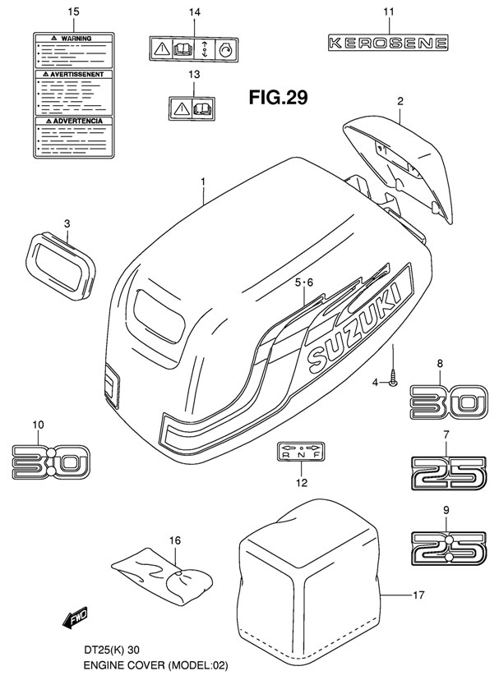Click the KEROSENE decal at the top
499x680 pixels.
point(389,42)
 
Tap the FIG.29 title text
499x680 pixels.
point(279,99)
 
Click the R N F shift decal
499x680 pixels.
point(300,452)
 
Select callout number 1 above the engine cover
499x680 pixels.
point(201,181)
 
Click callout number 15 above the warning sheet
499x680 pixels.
point(72,11)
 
